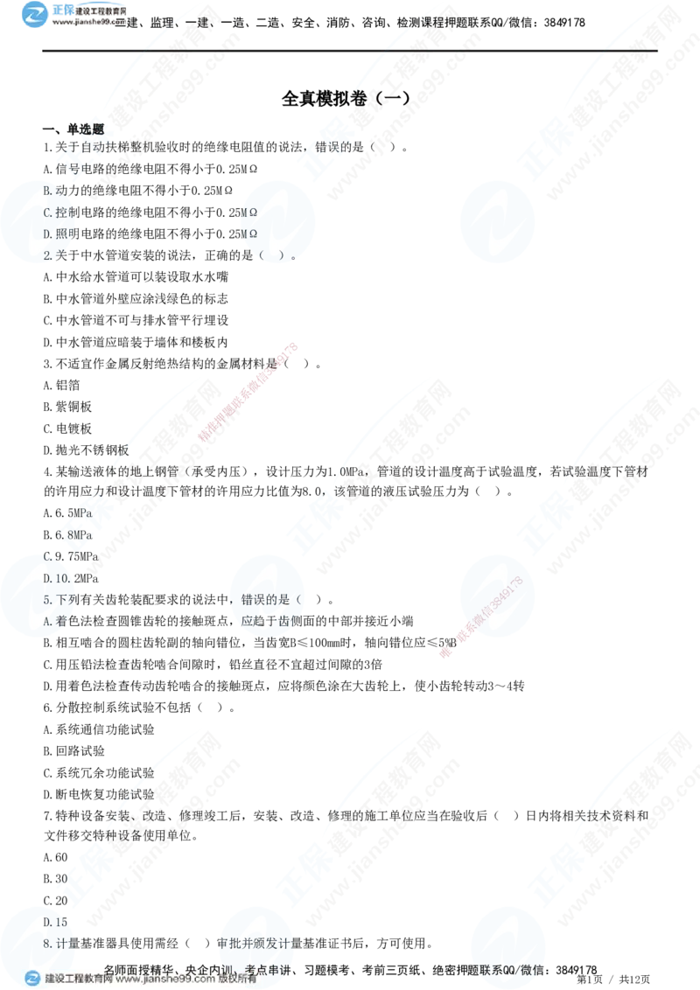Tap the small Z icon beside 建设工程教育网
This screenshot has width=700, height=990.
point(32,979)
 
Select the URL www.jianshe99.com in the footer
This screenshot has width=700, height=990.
point(164,980)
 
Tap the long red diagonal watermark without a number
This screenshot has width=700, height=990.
point(249,391)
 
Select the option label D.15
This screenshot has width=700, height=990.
point(55,923)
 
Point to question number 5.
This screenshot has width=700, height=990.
point(47,601)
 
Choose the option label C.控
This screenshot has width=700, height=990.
point(55,213)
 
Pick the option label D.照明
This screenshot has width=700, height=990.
point(58,234)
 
